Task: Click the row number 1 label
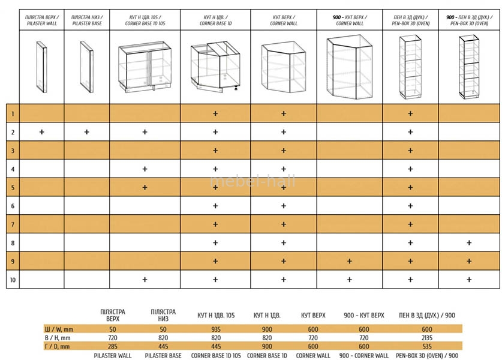[x=12, y=113]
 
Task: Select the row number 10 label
[x=12, y=280]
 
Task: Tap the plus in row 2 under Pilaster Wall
[x=41, y=132]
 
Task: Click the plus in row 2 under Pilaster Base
[x=86, y=132]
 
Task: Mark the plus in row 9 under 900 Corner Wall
[x=349, y=261]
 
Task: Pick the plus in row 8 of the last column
[x=468, y=242]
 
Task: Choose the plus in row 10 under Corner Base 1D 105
[x=145, y=280]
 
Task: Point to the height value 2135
[x=411, y=338]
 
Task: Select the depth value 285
[x=112, y=346]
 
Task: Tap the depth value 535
[x=411, y=346]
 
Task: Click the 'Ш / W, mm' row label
[x=59, y=329]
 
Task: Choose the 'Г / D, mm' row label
[x=58, y=346]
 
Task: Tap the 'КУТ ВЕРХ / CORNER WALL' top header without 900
[x=283, y=20]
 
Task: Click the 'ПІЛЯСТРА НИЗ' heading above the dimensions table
[x=163, y=315]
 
